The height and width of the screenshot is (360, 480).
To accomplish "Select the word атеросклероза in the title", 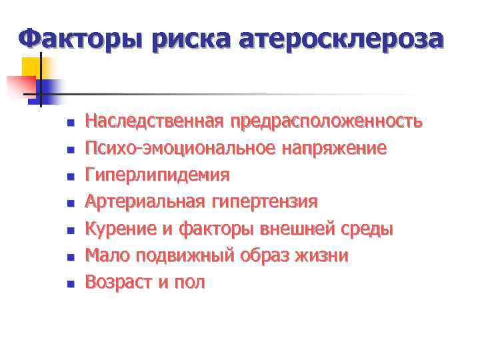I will coord(344,39).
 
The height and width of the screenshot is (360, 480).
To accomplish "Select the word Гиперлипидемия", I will coord(157,175).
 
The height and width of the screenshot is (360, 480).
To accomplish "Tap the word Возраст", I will coord(118,283).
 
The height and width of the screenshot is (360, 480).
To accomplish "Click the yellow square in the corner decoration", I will coord(31,67).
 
